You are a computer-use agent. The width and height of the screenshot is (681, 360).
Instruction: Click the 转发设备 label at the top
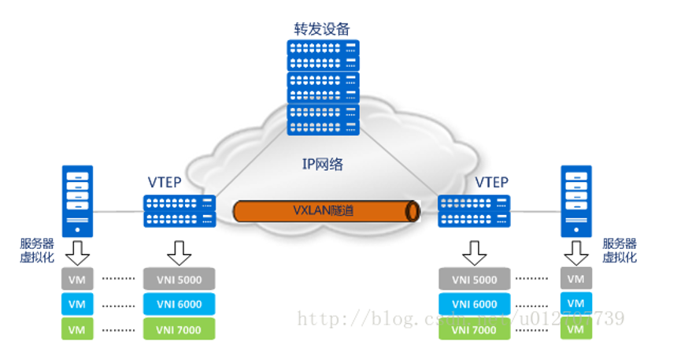(322, 29)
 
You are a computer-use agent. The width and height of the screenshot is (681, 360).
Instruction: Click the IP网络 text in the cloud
(322, 165)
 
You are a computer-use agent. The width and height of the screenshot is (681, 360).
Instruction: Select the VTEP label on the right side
(491, 183)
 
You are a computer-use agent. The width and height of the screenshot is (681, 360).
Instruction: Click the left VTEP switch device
(180, 210)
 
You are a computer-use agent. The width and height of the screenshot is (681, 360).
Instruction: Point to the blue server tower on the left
(78, 200)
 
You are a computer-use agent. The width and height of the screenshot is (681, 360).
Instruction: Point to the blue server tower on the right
(576, 200)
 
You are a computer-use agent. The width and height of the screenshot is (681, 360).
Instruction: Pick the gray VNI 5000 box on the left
(180, 279)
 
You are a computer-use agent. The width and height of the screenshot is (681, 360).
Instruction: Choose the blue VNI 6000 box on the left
(180, 304)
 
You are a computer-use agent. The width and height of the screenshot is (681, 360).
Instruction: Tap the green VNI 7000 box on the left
(180, 329)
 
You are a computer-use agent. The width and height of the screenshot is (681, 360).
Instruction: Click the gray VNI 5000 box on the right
(474, 279)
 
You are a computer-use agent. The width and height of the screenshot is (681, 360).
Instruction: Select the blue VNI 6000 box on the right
(474, 304)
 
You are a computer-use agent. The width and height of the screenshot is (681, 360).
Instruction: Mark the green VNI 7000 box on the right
(474, 329)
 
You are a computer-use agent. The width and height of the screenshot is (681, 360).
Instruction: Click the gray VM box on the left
(76, 279)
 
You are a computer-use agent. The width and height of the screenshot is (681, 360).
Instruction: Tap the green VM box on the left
(76, 329)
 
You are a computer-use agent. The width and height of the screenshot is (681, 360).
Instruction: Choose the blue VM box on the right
(576, 304)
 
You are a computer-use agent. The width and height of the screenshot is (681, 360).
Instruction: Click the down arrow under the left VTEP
(180, 253)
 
